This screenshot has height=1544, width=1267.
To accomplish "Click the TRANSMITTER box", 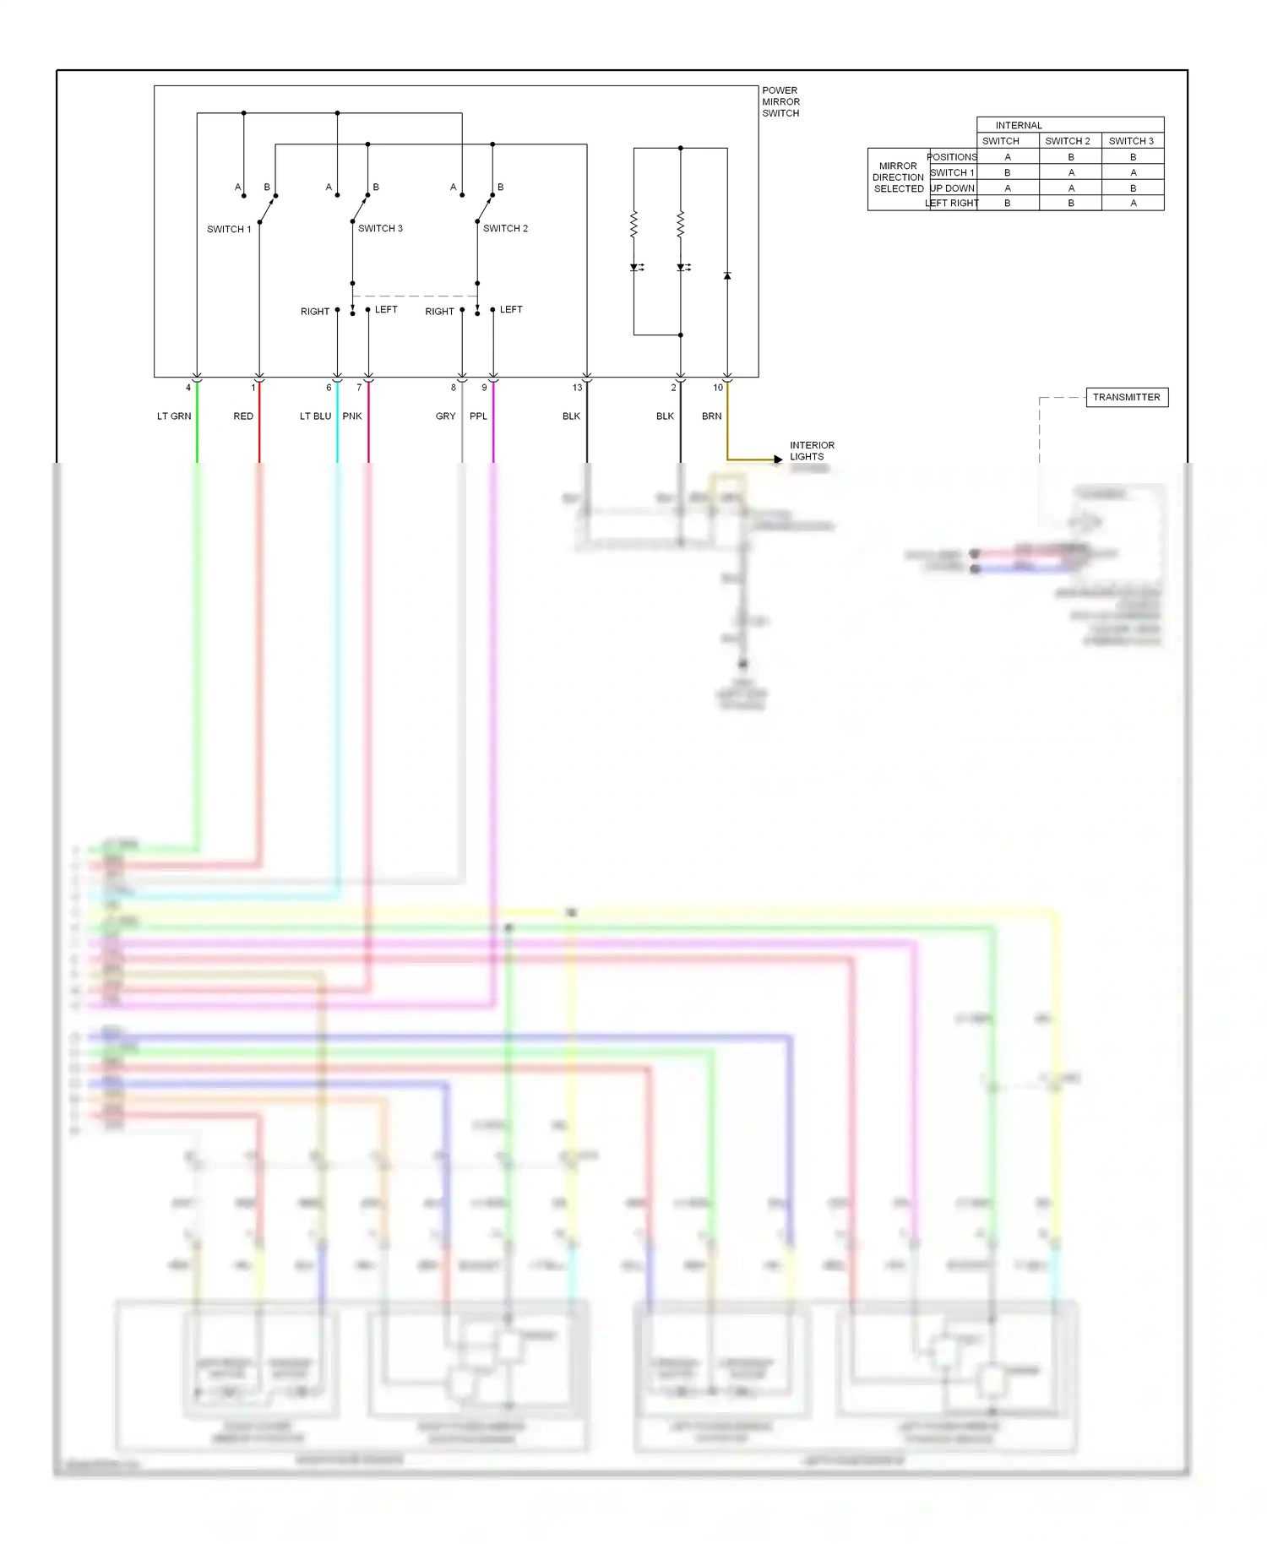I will point(1126,397).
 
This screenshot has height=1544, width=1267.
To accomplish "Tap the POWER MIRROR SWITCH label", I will point(780,101).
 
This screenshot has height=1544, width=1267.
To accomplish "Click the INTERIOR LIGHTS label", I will point(811,451).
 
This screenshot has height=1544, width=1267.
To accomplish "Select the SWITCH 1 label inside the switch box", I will point(229,229).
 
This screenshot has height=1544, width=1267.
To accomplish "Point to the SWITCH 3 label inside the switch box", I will point(380,228).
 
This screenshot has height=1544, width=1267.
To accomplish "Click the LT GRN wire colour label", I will point(174,416).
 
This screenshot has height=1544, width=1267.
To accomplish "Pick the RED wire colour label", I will point(243,416).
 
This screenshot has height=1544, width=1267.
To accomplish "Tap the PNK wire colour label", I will point(352,416).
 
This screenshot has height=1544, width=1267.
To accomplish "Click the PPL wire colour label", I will point(478,416).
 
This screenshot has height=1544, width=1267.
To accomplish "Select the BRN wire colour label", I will point(711,416).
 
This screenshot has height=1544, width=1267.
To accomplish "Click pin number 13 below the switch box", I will point(577,388).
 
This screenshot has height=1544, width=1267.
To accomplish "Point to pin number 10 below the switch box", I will point(717,388).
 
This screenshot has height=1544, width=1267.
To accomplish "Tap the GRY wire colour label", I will point(445,416).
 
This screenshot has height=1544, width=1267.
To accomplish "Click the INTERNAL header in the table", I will point(1018,125).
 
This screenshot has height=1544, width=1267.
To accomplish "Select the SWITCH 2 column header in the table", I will point(1068,141).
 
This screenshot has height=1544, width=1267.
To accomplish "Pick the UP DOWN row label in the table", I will point(952,188).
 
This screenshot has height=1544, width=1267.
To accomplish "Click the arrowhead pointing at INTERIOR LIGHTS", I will point(778,459).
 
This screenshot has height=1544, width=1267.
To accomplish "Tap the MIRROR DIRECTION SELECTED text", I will point(898,177).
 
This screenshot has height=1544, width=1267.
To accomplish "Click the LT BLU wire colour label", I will point(315,416).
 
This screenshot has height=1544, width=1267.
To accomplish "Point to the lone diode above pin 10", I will point(727,276).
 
